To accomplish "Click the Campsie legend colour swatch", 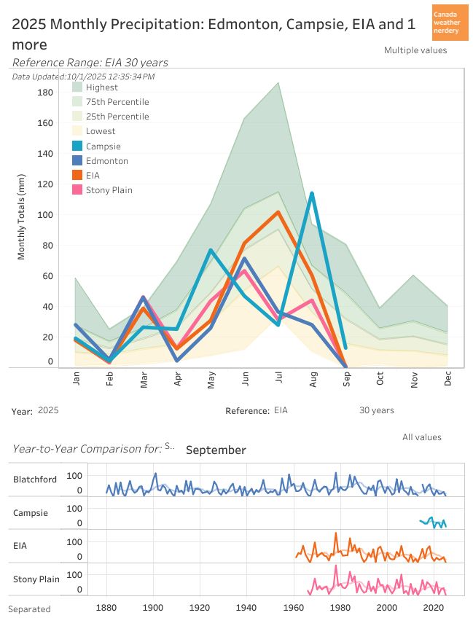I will click(77, 146).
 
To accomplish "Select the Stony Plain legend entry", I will click(109, 190).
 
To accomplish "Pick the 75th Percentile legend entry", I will click(117, 102).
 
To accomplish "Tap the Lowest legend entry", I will click(101, 131).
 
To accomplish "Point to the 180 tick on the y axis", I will click(45, 93).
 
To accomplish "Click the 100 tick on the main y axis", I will click(45, 215).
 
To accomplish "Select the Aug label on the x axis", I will click(313, 380).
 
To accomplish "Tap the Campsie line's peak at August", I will click(312, 193).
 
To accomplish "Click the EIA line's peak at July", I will click(278, 212).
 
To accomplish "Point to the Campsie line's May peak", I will click(211, 250).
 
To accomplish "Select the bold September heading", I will click(216, 450).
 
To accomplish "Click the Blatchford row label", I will click(34, 480).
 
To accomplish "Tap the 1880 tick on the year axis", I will click(107, 607).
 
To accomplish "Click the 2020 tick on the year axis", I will click(434, 607).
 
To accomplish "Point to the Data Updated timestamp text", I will click(84, 76).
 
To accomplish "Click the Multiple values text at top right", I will click(415, 50).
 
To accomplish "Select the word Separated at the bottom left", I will click(29, 609).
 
